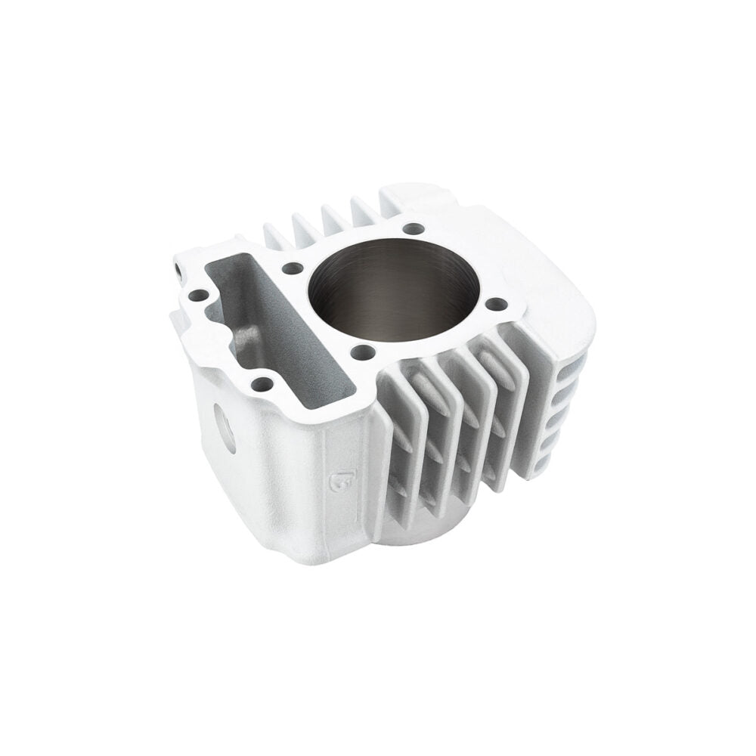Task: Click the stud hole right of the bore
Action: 496,304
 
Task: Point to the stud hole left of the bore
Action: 293,268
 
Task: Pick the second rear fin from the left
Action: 304,228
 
